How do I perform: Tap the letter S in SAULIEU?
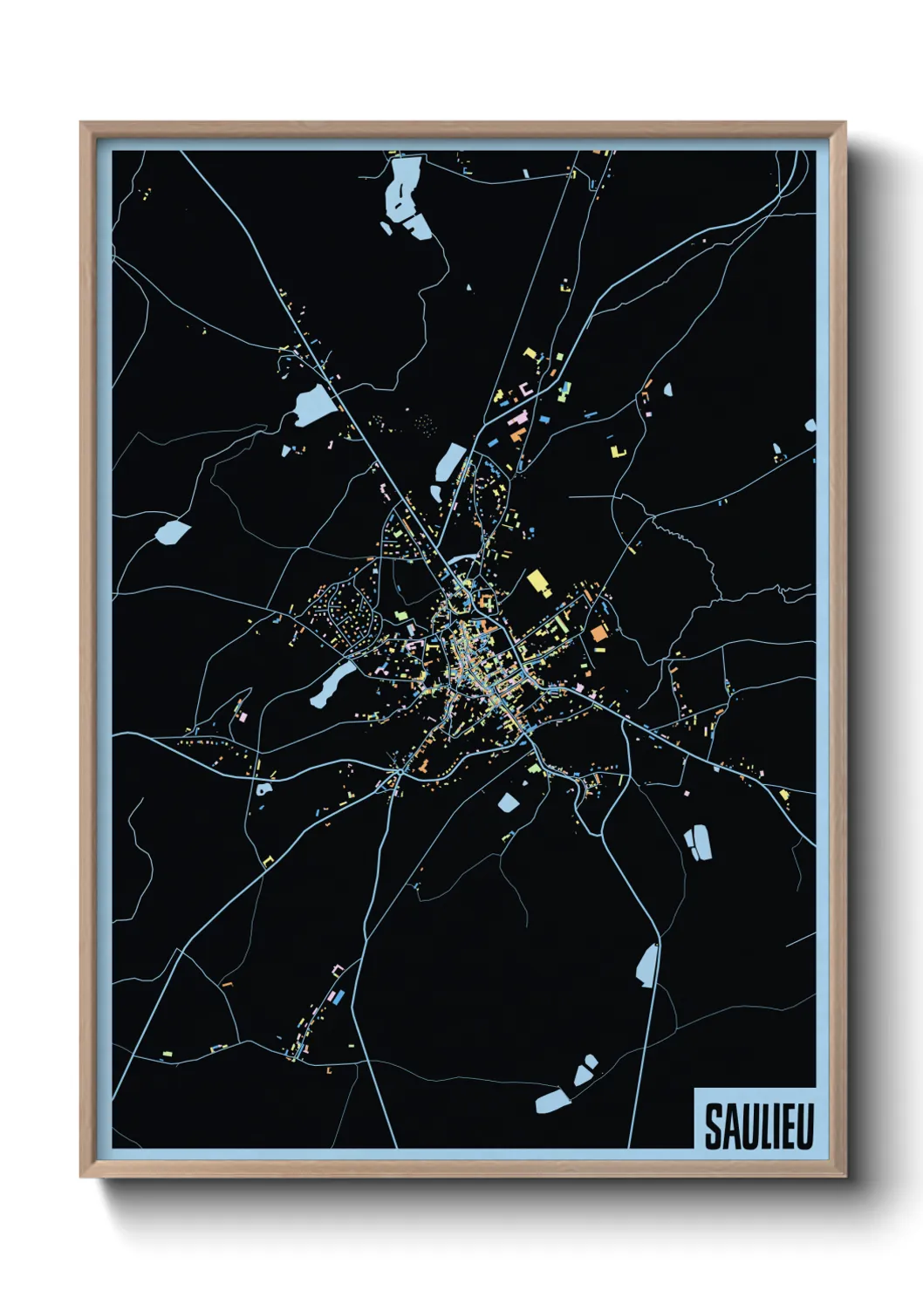[714, 1127]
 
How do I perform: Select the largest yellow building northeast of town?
[538, 582]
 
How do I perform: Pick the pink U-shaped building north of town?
[525, 387]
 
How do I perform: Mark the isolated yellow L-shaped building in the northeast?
[619, 451]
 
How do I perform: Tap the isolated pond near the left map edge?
[172, 531]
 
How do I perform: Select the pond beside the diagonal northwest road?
[315, 406]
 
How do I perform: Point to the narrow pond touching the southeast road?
[647, 966]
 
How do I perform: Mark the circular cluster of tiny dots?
[424, 423]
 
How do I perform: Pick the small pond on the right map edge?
[810, 426]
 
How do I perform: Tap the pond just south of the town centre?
[508, 803]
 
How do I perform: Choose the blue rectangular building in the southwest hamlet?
[340, 995]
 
